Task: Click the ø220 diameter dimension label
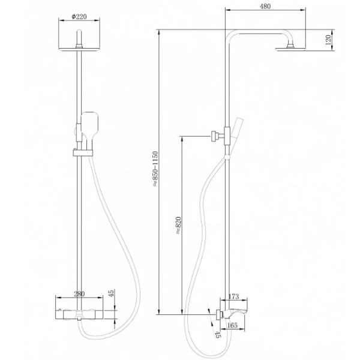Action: point(79,17)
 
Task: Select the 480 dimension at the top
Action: point(265,6)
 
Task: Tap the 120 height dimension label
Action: point(328,40)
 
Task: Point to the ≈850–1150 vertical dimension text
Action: point(155,169)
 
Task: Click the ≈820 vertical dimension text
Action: point(178,226)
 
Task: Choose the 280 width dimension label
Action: point(79,293)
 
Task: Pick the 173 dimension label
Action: point(233,296)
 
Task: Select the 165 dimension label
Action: point(232,325)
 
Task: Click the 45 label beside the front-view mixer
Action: point(111,293)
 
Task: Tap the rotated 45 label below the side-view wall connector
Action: point(218,334)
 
